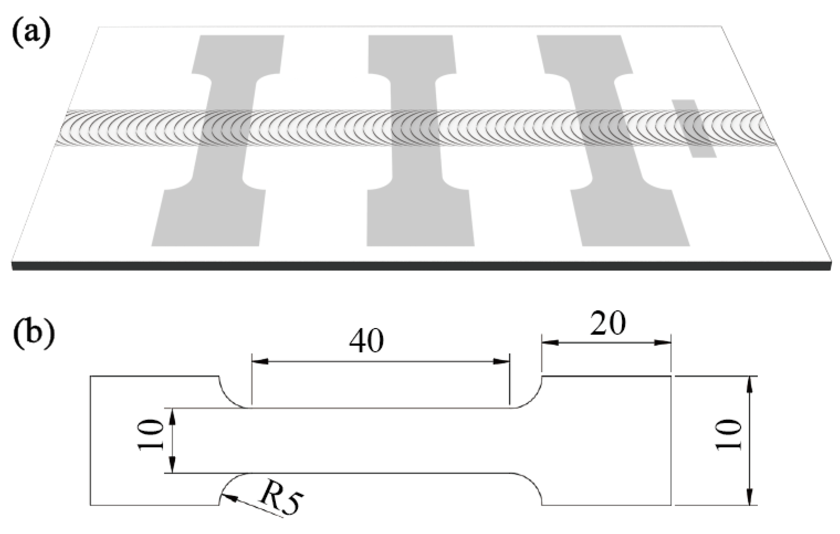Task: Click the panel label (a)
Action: (x=31, y=34)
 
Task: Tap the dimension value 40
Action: (x=366, y=342)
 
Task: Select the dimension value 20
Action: (x=608, y=323)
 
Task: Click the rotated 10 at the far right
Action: (x=728, y=435)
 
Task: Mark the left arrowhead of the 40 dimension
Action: (x=260, y=361)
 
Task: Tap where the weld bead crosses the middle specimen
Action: (x=415, y=128)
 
